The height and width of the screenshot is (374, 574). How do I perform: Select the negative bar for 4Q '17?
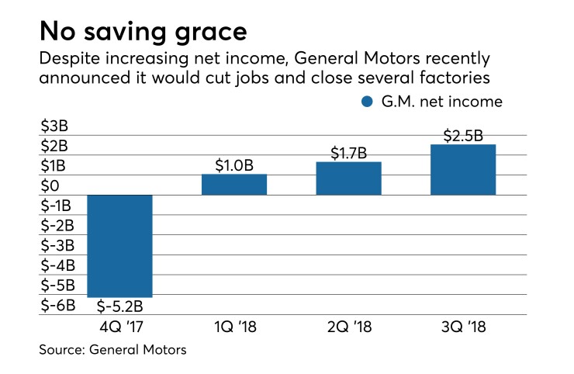(x=119, y=245)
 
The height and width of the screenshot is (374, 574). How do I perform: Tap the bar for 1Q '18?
(x=234, y=184)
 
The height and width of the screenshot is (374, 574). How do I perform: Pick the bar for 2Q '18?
(x=348, y=178)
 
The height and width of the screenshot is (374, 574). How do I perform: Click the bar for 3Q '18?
(x=463, y=169)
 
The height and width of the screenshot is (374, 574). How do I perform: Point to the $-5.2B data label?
(x=119, y=306)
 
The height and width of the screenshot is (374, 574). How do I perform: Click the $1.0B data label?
(x=234, y=164)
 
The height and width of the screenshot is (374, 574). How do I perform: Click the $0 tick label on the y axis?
(x=50, y=186)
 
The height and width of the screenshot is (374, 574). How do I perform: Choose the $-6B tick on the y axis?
(x=57, y=305)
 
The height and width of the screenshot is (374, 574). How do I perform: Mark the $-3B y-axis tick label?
(x=57, y=245)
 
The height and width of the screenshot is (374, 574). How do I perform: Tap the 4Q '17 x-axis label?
(x=119, y=327)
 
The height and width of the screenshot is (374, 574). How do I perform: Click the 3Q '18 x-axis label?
(x=463, y=327)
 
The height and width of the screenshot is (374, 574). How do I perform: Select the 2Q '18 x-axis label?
(x=348, y=327)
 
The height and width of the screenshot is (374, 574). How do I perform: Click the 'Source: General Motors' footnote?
(x=113, y=351)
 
